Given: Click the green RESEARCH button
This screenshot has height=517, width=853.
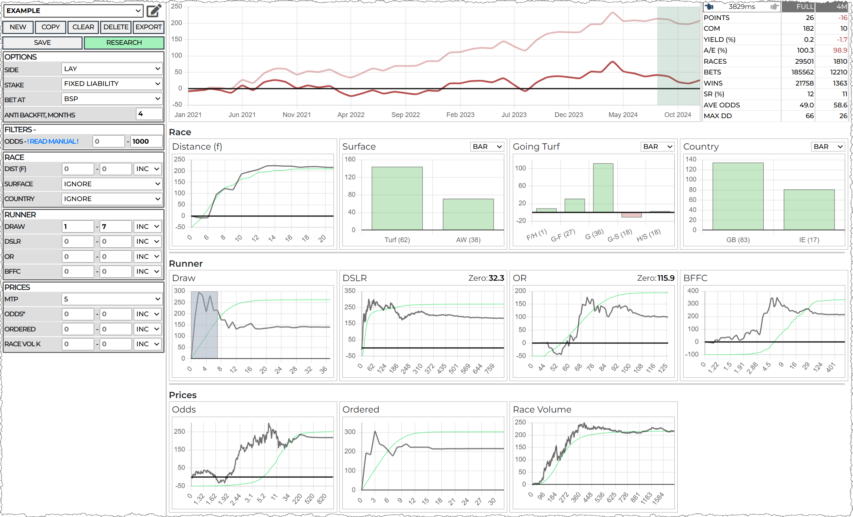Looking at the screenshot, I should click(124, 43).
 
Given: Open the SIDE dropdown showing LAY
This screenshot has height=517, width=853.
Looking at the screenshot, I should click(112, 69).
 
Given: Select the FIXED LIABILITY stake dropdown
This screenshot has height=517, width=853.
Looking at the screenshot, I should click(112, 84).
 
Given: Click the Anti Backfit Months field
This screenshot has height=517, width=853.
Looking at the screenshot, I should click(149, 114).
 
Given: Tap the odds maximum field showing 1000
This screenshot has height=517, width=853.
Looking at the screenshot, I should click(146, 141).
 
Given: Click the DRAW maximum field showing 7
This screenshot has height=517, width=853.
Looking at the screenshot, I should click(116, 227).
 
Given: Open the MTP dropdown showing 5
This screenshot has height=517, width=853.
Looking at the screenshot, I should click(112, 299).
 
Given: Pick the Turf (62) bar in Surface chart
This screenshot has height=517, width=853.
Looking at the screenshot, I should click(397, 198).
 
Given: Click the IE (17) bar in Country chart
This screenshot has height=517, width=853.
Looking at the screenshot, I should click(809, 210).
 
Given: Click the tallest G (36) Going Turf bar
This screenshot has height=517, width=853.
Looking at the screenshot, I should click(603, 188).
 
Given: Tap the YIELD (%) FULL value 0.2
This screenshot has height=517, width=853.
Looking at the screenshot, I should click(809, 40).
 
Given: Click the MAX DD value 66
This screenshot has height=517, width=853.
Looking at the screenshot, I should click(809, 116).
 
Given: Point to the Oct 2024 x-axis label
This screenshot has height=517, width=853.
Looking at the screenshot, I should click(677, 115).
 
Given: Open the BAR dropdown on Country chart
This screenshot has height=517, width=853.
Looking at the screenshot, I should click(828, 147).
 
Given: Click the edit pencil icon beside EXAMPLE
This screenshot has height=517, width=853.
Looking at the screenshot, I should click(154, 11).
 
